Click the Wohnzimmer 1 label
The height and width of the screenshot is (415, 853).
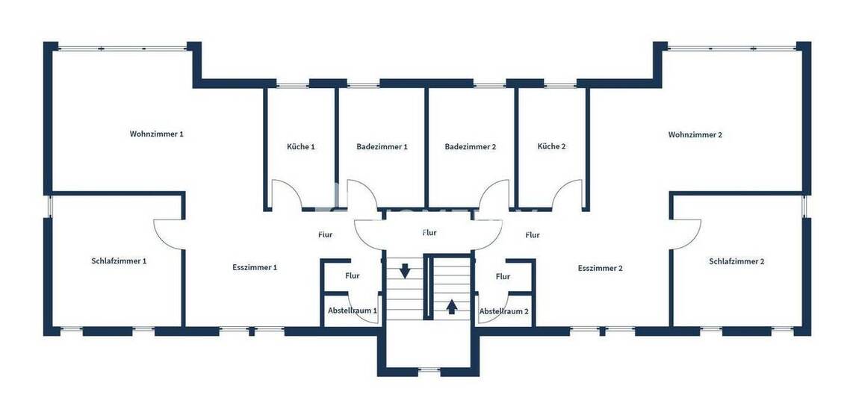(156, 134)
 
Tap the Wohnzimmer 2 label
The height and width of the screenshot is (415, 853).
(695, 135)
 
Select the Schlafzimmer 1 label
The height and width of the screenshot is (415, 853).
(119, 261)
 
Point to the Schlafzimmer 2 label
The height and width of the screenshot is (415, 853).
(736, 261)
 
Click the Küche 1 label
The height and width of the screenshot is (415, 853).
(300, 147)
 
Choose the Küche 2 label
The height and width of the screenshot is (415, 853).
(551, 146)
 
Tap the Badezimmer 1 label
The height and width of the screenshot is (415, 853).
(382, 147)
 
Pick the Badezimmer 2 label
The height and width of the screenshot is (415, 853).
(470, 147)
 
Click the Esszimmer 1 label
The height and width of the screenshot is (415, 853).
(255, 267)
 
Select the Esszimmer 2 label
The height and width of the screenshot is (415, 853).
(600, 268)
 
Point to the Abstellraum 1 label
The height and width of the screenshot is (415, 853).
(352, 311)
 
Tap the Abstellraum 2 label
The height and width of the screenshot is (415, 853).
(503, 311)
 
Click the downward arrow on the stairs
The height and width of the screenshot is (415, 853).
(404, 270)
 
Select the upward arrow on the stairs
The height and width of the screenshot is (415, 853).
(451, 306)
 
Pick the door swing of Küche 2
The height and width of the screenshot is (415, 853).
(568, 194)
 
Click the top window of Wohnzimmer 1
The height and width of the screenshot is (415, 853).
(122, 49)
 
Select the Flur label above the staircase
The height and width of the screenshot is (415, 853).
(429, 233)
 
